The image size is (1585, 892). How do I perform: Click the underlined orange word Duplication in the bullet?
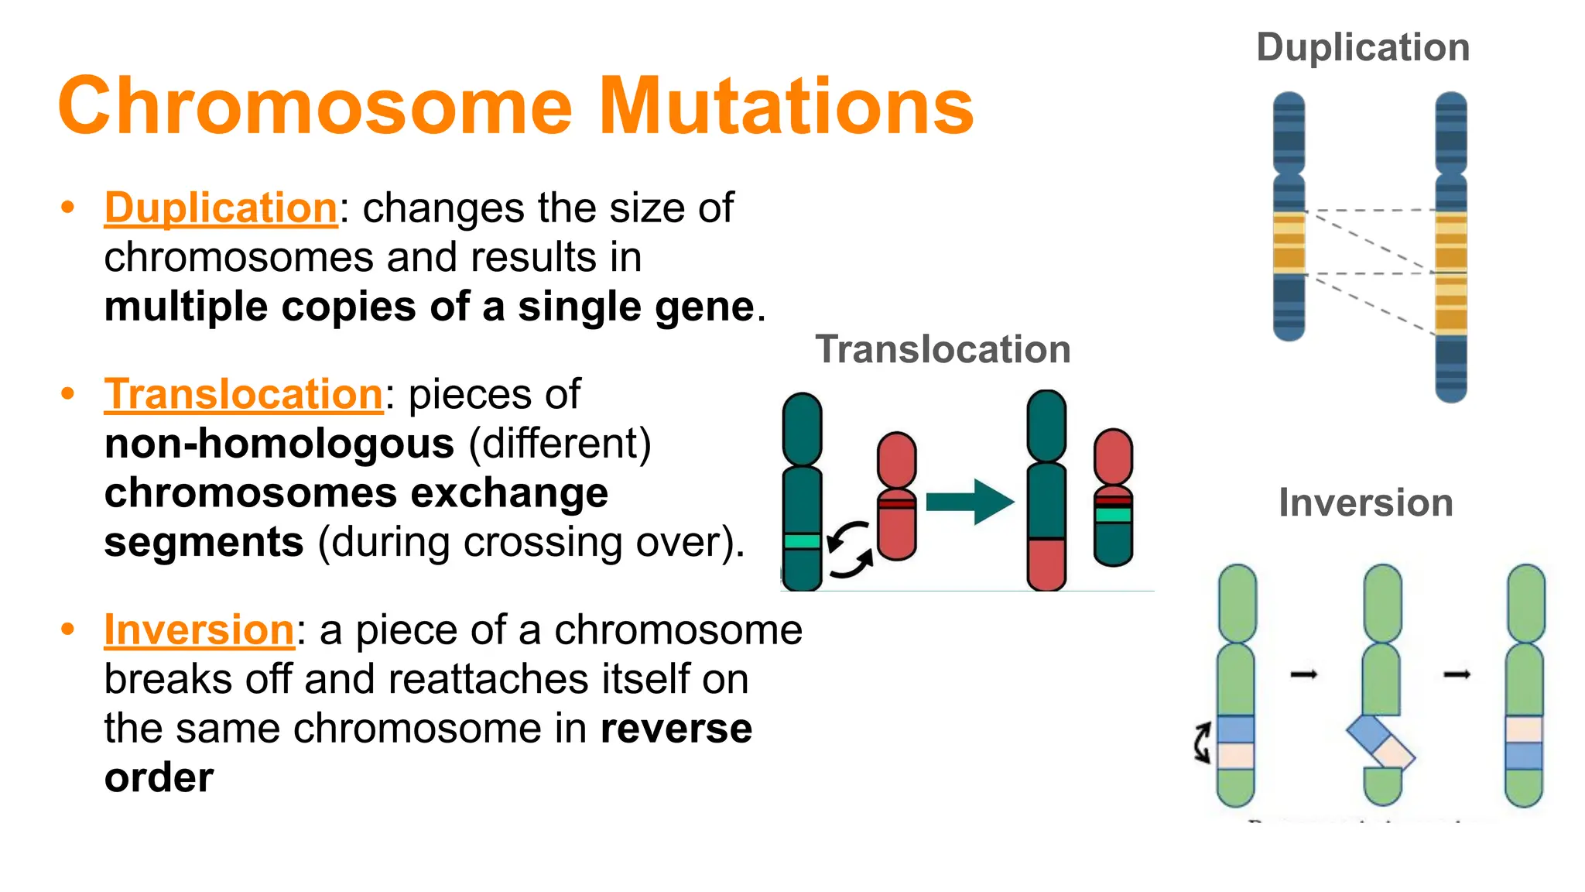pos(221,208)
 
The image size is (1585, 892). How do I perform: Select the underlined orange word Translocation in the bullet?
pos(243,394)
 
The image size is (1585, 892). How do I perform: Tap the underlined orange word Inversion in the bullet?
pos(199,630)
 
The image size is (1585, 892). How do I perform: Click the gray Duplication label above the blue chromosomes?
pos(1362,48)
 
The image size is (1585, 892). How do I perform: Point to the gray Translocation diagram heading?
pos(943,349)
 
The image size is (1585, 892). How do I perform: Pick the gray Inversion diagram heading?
pos(1365,503)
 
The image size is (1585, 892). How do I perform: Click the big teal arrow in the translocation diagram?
pos(970,502)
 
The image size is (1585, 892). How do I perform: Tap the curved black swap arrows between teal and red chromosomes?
pos(850,549)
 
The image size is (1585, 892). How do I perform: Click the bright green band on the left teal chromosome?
pos(802,541)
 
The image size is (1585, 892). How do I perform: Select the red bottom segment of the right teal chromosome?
pos(1046,563)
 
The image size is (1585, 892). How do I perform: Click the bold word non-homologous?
pos(279,444)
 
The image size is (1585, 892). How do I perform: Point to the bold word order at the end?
pos(159,777)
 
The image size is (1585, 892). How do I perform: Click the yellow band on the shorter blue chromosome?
pos(1289,243)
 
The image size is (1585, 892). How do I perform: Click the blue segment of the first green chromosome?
pos(1235,729)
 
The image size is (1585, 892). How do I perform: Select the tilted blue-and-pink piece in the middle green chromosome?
pos(1381,742)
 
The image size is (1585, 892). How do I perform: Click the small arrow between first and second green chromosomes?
pos(1304,675)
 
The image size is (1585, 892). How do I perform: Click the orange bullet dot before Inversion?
pos(68,629)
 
